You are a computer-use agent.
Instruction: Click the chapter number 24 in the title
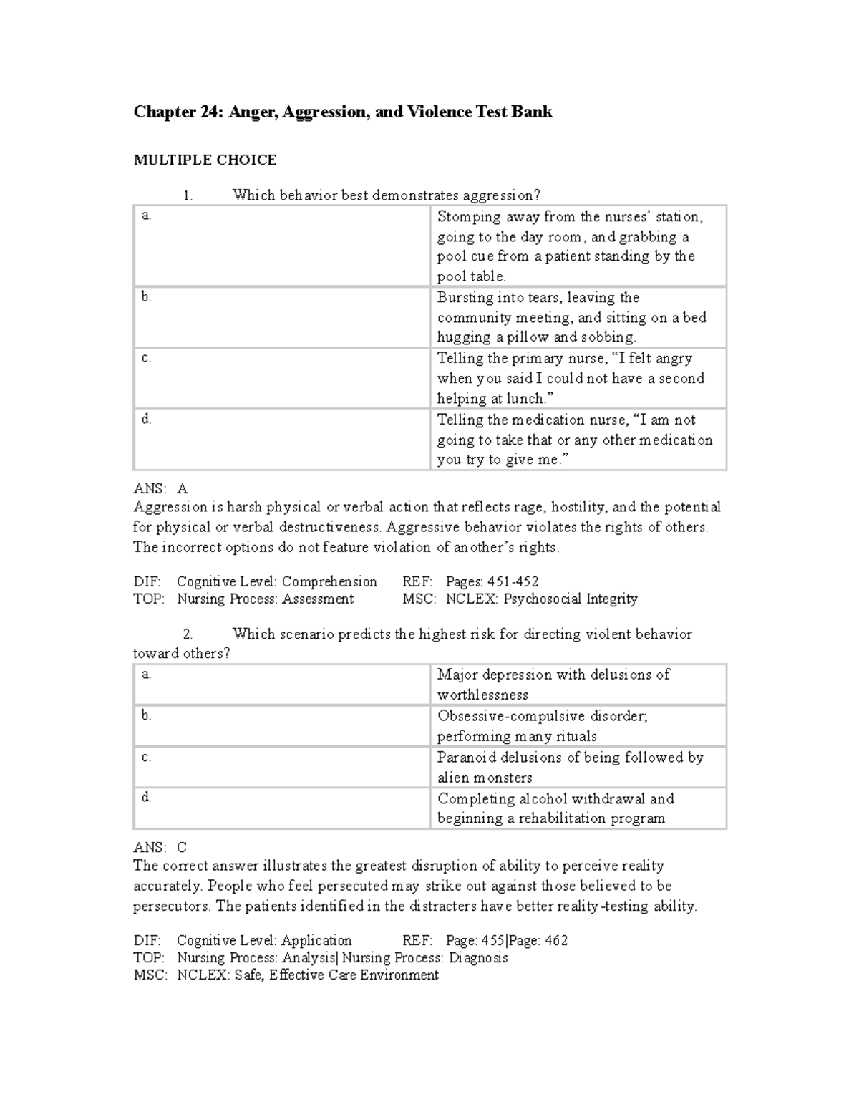[x=213, y=112]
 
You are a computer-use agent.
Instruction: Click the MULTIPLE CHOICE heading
[x=205, y=160]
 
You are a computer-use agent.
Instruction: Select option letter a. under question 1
[x=146, y=216]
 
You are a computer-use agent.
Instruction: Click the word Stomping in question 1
[x=466, y=216]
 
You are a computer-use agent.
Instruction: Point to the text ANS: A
[x=160, y=489]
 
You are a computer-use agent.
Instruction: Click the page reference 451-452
[x=513, y=581]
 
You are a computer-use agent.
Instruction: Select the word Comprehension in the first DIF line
[x=329, y=581]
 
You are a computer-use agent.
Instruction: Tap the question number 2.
[x=188, y=634]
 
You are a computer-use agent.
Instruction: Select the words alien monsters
[x=485, y=778]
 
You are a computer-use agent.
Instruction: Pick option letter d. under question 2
[x=146, y=797]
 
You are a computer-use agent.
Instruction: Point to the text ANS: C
[x=160, y=848]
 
